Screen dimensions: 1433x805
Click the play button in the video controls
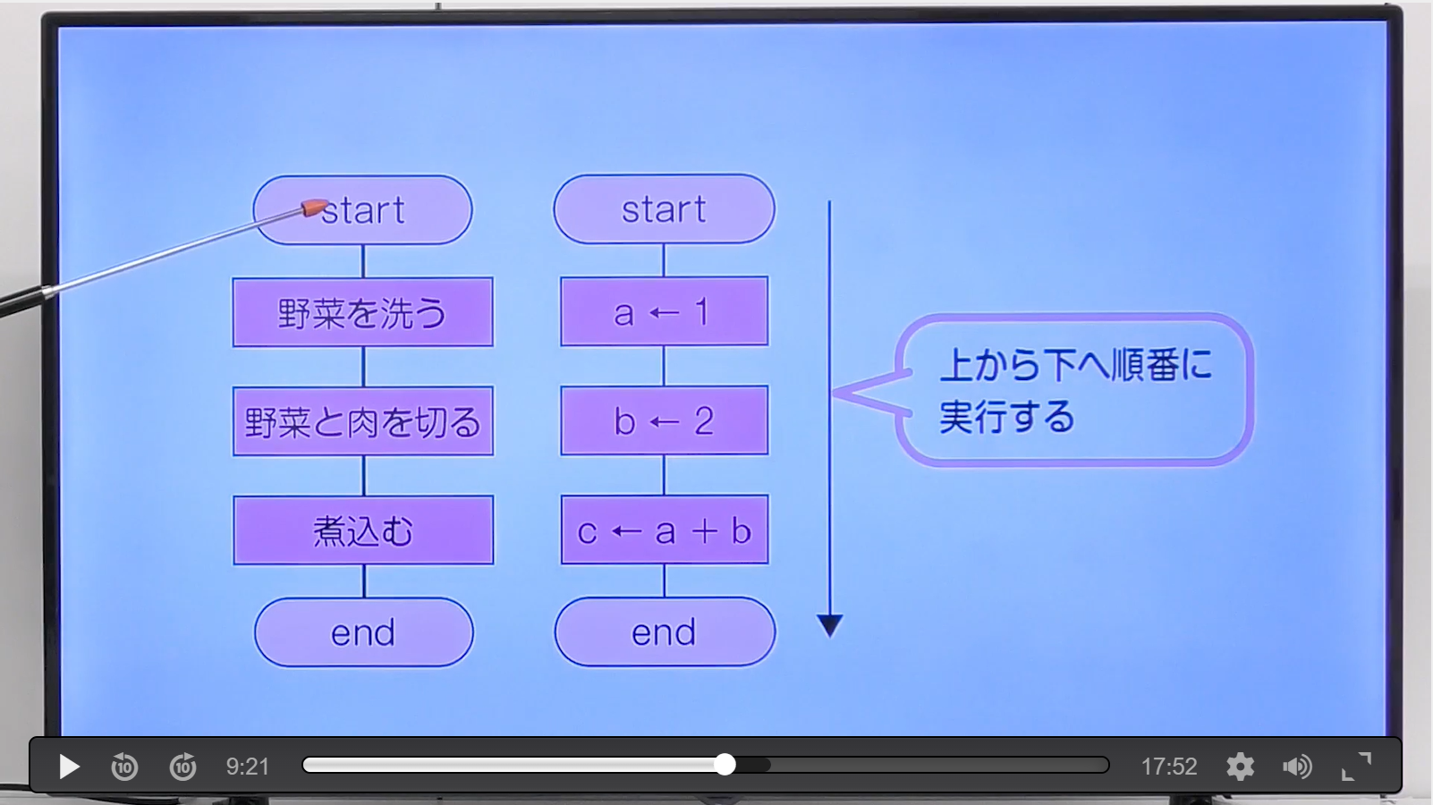pyautogui.click(x=69, y=767)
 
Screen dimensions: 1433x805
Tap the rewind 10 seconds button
pyautogui.click(x=124, y=766)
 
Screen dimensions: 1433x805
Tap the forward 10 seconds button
pyautogui.click(x=183, y=766)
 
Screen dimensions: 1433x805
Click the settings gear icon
pyautogui.click(x=1240, y=767)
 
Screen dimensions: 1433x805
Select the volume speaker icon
pyautogui.click(x=1297, y=767)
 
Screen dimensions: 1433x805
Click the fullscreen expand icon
pyautogui.click(x=1356, y=767)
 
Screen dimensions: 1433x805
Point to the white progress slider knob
pyautogui.click(x=725, y=765)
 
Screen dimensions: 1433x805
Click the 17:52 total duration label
pyautogui.click(x=1169, y=767)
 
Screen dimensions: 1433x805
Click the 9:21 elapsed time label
pyautogui.click(x=248, y=767)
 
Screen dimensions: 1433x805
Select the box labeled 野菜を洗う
pyautogui.click(x=363, y=312)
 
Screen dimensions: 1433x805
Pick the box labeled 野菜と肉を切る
pyautogui.click(x=363, y=421)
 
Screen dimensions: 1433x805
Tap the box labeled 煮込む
pyautogui.click(x=363, y=530)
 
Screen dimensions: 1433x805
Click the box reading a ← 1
pyautogui.click(x=664, y=311)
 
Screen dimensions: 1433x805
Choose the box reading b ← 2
pyautogui.click(x=664, y=420)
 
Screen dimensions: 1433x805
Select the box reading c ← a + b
pyautogui.click(x=665, y=530)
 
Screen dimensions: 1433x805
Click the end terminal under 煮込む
pyautogui.click(x=364, y=633)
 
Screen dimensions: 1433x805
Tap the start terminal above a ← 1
pyautogui.click(x=664, y=209)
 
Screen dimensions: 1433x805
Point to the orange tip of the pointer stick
pyautogui.click(x=313, y=208)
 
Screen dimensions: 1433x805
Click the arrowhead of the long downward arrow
pyautogui.click(x=830, y=625)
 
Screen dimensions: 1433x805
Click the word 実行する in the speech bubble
pyautogui.click(x=1007, y=417)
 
